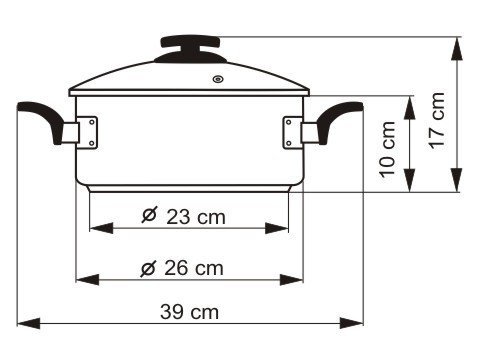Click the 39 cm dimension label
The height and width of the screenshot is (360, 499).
point(189,312)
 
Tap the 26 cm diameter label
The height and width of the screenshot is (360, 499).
point(182,268)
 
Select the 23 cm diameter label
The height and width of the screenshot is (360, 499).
point(184,216)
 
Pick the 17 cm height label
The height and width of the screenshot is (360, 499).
point(437,121)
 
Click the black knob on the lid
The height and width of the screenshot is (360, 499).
point(190,49)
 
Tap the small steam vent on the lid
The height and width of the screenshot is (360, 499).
point(218,79)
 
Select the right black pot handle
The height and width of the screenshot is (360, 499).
point(338,120)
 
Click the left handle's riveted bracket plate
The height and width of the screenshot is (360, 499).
point(88,132)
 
